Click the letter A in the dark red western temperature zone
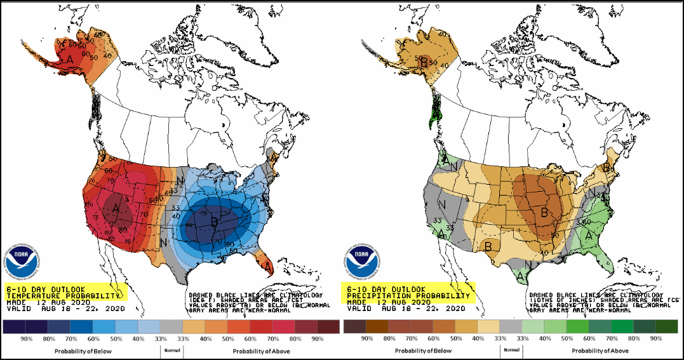tap(116, 207)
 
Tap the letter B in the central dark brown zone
tap(544, 214)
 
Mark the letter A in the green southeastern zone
tap(589, 235)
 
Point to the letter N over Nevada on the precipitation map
tap(443, 205)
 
